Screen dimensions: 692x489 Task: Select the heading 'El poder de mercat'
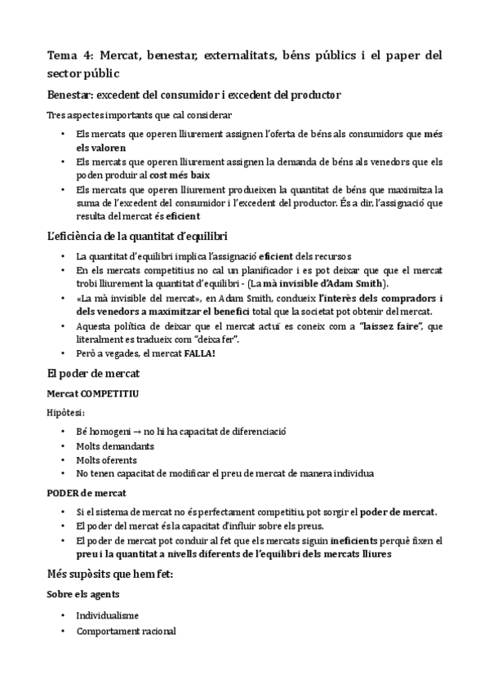click(x=95, y=375)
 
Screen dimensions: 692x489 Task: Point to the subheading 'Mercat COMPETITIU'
click(x=93, y=393)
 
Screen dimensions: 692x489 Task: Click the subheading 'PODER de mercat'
click(x=86, y=493)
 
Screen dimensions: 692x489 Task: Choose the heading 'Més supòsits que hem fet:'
click(x=109, y=574)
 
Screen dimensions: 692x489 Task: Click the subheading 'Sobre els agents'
click(x=83, y=594)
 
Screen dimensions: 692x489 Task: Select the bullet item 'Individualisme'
click(x=107, y=614)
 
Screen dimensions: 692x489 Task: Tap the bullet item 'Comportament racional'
click(x=126, y=631)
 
